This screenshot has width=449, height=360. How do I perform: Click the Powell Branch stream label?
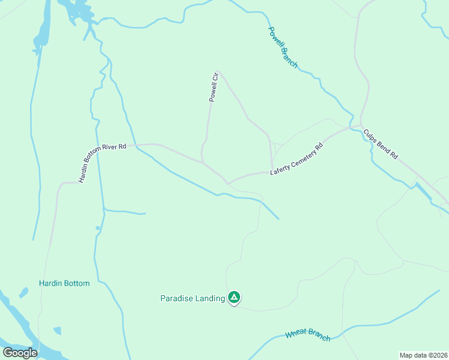[x=282, y=47]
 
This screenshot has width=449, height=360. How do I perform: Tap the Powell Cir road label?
[x=212, y=88]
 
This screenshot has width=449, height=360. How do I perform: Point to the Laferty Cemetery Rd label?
[x=297, y=159]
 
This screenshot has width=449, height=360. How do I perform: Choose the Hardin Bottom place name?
[x=64, y=283]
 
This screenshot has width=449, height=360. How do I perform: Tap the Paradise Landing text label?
[x=192, y=298]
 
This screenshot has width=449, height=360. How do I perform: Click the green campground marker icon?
[x=234, y=297]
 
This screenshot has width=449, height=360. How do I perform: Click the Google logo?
[x=20, y=352]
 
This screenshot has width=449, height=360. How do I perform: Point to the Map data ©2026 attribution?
[x=423, y=355]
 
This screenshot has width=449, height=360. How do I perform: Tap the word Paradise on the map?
[x=177, y=298]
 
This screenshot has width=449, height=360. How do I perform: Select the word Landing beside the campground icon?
[x=209, y=298]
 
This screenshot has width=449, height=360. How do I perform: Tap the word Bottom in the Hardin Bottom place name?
[x=77, y=283]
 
